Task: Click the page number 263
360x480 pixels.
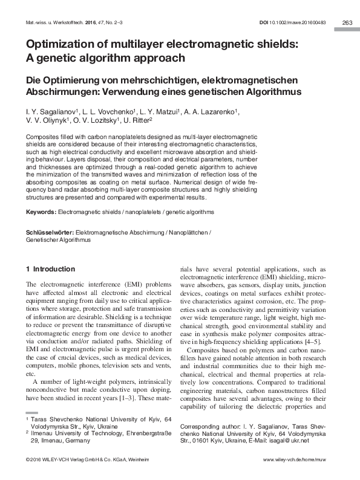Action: tap(347, 22)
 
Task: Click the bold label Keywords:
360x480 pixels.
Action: tap(41, 212)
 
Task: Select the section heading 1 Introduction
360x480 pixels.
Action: tap(50, 268)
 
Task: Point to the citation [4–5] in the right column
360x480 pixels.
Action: tap(318, 342)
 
